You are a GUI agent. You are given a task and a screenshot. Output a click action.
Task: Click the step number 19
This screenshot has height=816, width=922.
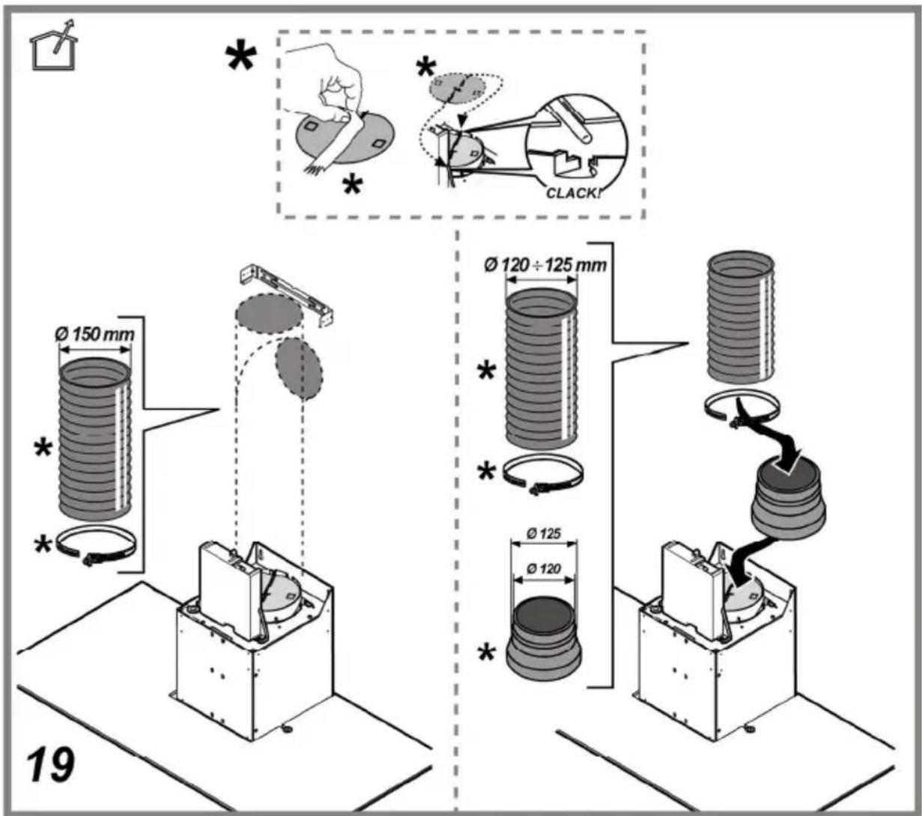pyautogui.click(x=50, y=766)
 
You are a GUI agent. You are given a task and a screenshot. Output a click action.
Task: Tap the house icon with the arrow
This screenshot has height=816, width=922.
pyautogui.click(x=54, y=46)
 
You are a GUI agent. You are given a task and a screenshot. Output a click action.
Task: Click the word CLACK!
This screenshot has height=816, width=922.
pyautogui.click(x=574, y=193)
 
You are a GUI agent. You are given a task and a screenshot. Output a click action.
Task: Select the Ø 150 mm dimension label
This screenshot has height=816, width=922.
pyautogui.click(x=94, y=335)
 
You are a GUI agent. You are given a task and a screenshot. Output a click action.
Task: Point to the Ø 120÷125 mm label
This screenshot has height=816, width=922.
pyautogui.click(x=545, y=265)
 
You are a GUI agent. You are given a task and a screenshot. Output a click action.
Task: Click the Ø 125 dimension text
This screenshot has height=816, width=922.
pyautogui.click(x=544, y=534)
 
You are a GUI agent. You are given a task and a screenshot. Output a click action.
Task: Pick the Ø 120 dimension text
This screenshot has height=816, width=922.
pyautogui.click(x=544, y=568)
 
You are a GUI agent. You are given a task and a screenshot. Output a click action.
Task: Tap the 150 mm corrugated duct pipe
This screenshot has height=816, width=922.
pyautogui.click(x=95, y=439)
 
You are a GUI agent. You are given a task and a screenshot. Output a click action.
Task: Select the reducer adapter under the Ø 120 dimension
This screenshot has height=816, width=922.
pyautogui.click(x=543, y=638)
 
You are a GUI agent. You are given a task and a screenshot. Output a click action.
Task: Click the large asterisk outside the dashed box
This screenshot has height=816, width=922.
pyautogui.click(x=241, y=58)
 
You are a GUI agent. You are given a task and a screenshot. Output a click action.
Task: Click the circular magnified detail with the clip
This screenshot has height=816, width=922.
pyautogui.click(x=577, y=147)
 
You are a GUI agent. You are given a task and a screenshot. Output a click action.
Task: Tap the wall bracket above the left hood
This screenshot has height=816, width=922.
pyautogui.click(x=287, y=295)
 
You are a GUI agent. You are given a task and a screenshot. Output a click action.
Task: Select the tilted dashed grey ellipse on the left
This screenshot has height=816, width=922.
pyautogui.click(x=299, y=368)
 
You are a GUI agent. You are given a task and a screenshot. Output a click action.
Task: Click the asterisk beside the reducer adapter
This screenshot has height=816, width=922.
pyautogui.click(x=486, y=653)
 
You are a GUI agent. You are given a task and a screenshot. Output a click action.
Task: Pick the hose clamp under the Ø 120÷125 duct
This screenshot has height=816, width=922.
pyautogui.click(x=543, y=476)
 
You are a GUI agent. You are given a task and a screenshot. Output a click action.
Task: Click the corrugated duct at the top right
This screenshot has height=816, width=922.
pyautogui.click(x=740, y=317)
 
